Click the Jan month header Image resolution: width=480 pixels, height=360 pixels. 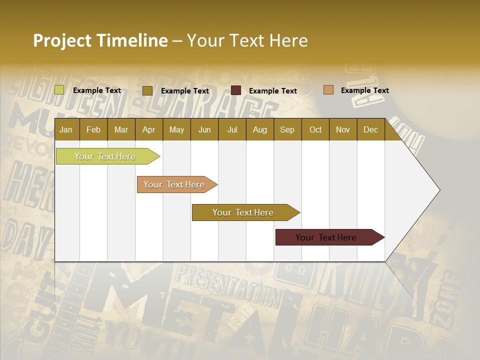(66, 129)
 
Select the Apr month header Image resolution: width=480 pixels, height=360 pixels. (148, 129)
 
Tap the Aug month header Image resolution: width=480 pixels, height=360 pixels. (259, 129)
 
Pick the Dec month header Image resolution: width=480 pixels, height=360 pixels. (370, 129)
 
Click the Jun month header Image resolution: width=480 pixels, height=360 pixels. (204, 129)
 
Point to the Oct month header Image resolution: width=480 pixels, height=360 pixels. (315, 129)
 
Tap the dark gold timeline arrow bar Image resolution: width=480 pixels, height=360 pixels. (243, 212)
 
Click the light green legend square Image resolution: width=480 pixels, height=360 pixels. (59, 90)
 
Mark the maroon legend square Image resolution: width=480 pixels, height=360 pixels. (236, 90)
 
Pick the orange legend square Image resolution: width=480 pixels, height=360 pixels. (328, 90)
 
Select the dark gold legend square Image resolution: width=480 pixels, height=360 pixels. (147, 90)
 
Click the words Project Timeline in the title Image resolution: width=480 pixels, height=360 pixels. (100, 40)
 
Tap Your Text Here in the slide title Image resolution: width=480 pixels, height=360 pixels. (247, 40)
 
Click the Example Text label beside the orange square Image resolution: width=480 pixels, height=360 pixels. (364, 90)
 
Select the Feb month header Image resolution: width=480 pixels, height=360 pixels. (93, 129)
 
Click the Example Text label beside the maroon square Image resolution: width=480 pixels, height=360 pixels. (272, 91)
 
